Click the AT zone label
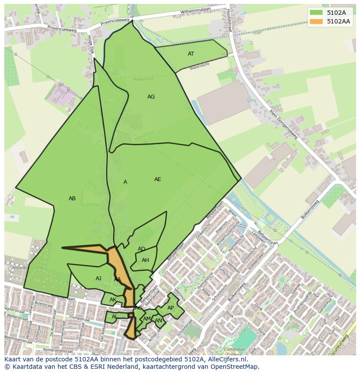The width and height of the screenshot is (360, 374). (191, 54)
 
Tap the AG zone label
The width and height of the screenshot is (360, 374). (151, 97)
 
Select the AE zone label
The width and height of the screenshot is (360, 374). (157, 179)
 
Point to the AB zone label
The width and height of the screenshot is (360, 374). (72, 199)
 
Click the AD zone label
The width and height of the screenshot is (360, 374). (141, 249)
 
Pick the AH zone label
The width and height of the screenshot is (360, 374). (145, 260)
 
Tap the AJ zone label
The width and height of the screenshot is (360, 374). (98, 278)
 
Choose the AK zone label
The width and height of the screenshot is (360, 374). (113, 300)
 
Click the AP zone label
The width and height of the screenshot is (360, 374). (170, 308)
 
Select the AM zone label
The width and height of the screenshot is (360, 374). (147, 319)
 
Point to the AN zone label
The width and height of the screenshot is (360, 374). (158, 321)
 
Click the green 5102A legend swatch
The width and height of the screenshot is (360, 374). (316, 13)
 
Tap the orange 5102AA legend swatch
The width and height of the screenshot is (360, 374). (316, 21)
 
